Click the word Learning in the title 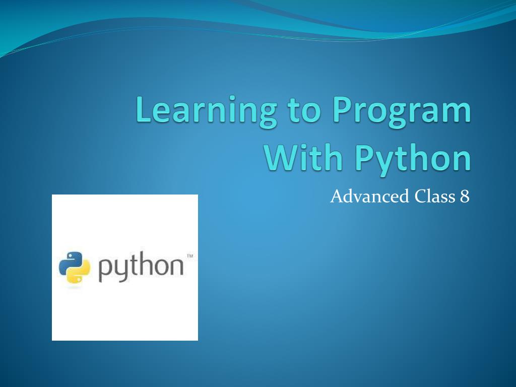click(x=206, y=111)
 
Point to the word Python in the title click(x=413, y=159)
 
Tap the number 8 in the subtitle click(x=465, y=196)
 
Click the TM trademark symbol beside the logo click(x=189, y=256)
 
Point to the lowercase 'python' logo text click(x=141, y=268)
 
